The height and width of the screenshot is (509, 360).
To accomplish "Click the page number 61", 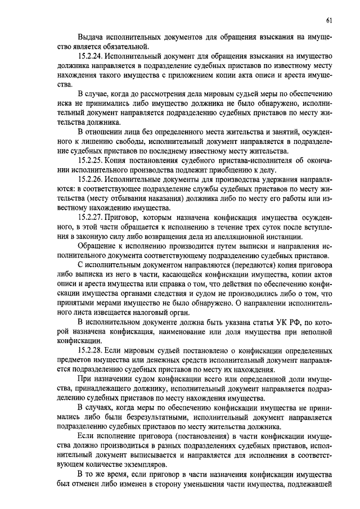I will [x=329, y=21].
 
